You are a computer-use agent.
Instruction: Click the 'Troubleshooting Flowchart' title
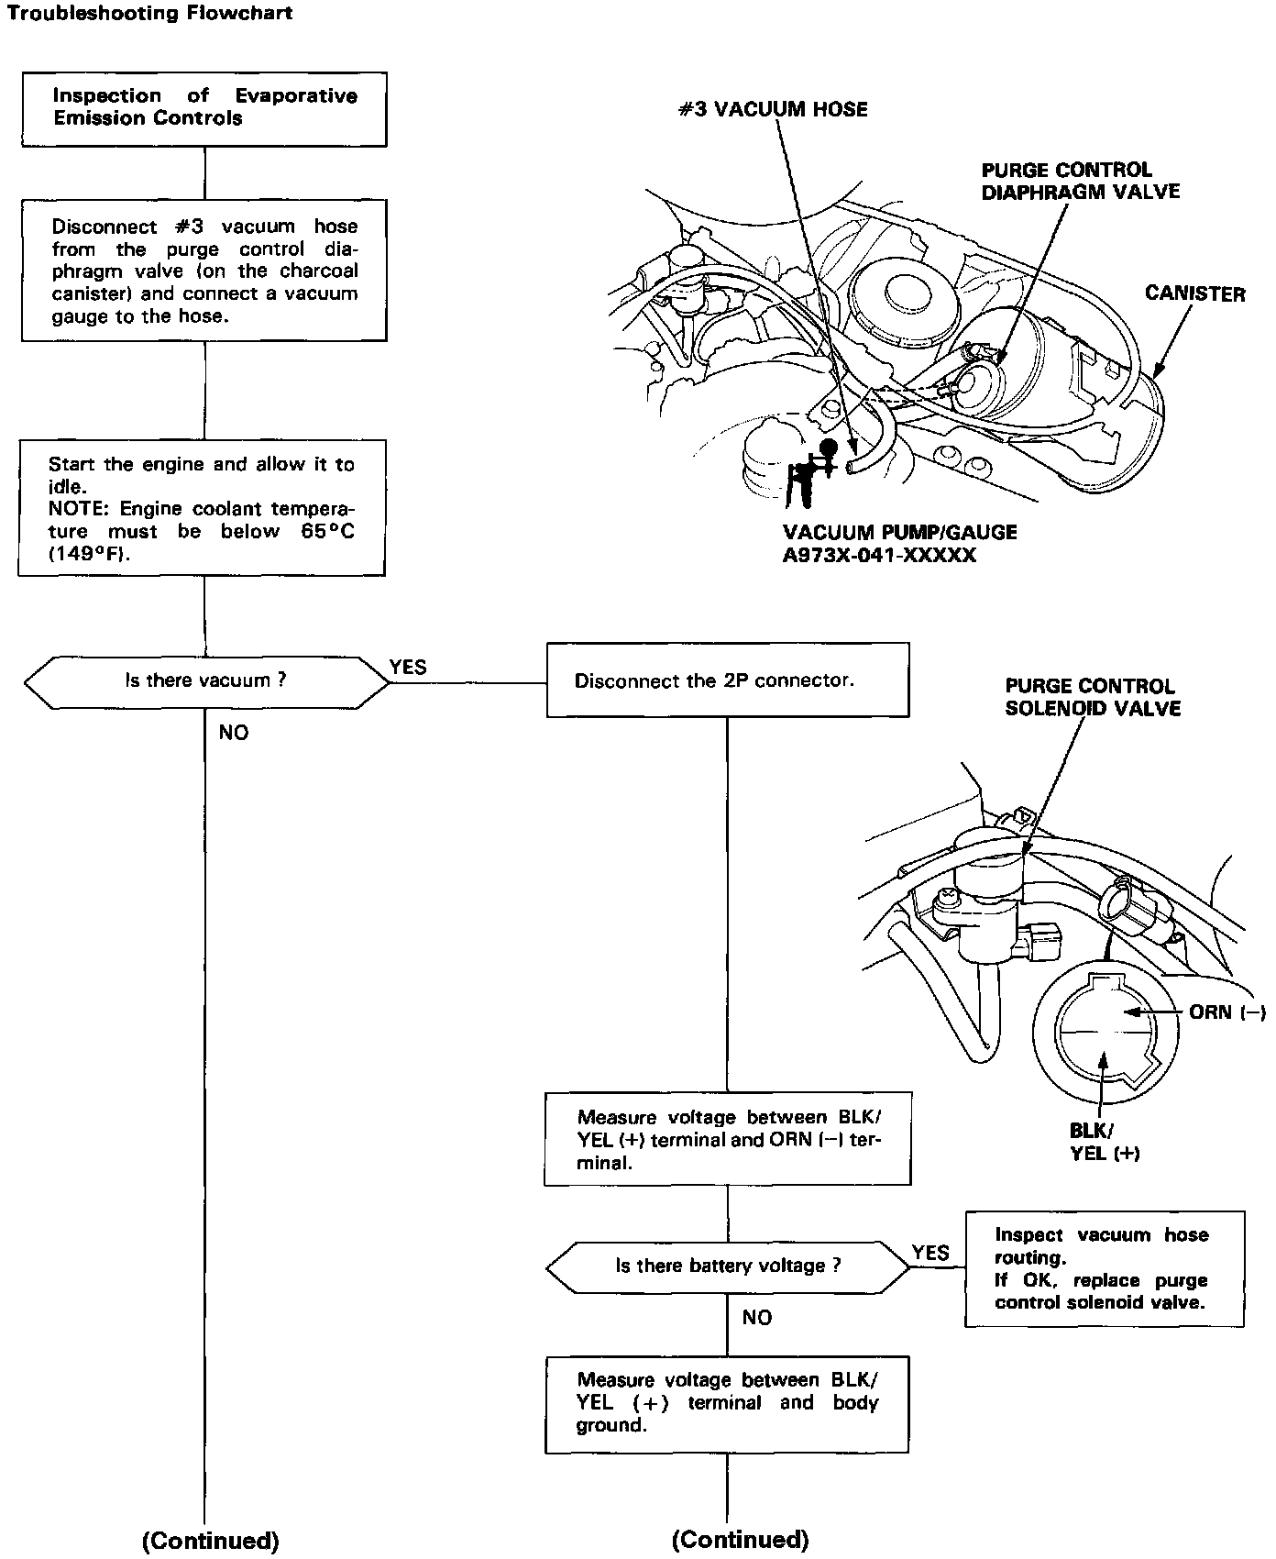(x=150, y=15)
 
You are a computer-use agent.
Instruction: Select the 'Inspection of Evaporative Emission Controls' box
(x=204, y=108)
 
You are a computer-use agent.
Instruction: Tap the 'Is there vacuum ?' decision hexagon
(x=206, y=681)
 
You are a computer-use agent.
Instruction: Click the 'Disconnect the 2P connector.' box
(x=728, y=680)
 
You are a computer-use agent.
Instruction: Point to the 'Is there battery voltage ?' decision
(x=728, y=1266)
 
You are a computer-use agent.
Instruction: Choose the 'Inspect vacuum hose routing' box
(x=1104, y=1268)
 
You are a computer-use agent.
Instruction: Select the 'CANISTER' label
(x=1194, y=294)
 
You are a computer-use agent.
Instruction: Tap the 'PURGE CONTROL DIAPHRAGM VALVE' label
(x=1080, y=181)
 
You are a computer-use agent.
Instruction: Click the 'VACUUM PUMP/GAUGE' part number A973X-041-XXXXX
(x=879, y=556)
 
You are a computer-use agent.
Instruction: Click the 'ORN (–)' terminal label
(x=1226, y=1012)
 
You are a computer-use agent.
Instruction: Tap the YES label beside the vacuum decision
(x=408, y=668)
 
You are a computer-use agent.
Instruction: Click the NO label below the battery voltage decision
(x=757, y=1317)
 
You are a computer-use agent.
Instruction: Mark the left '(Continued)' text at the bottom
(x=210, y=1540)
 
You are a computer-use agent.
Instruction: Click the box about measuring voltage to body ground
(x=727, y=1403)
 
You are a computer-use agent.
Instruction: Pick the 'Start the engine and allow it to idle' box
(x=202, y=508)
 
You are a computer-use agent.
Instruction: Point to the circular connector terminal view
(x=1103, y=1032)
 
